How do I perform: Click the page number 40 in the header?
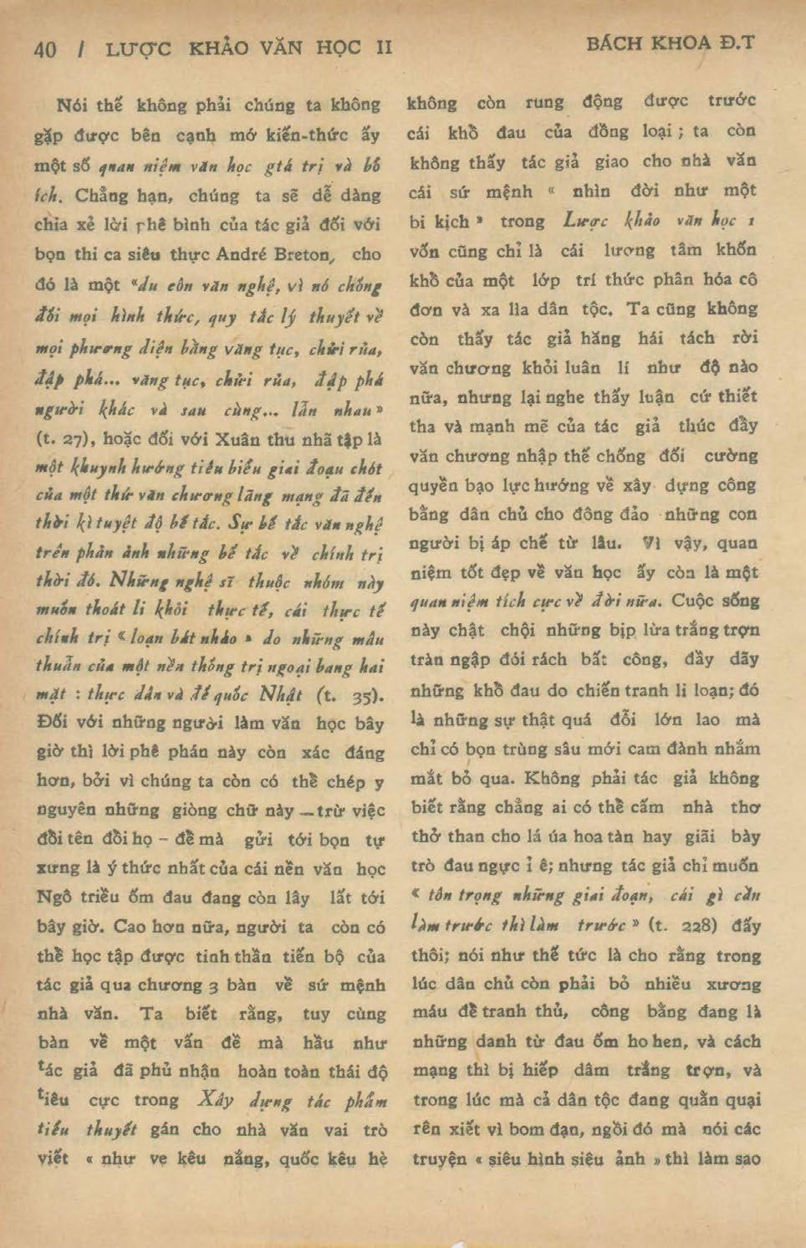coord(46,49)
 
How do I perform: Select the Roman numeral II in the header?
coord(384,48)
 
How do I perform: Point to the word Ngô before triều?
coord(54,898)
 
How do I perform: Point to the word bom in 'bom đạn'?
coord(527,1129)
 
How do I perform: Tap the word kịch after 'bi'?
coord(452,222)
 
